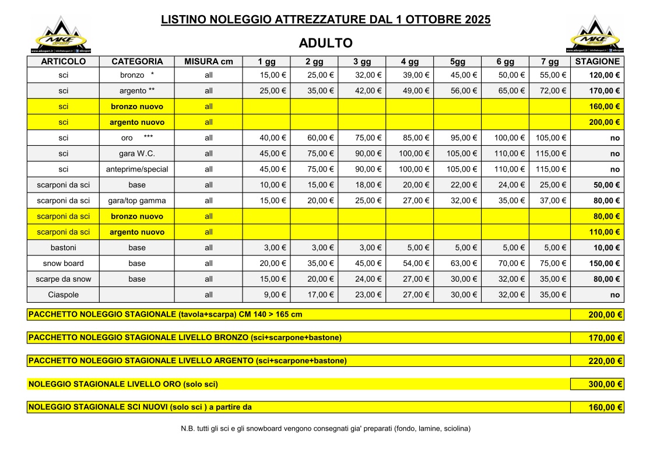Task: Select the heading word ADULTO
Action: (x=325, y=43)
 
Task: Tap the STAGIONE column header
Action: (x=597, y=61)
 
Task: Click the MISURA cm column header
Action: (x=208, y=61)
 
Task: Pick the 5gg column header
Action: (x=457, y=61)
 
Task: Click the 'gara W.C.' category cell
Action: (x=137, y=154)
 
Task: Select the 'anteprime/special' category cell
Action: (x=137, y=170)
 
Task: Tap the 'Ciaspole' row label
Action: (x=64, y=295)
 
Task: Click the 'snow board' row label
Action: (x=64, y=264)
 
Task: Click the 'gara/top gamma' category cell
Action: (x=137, y=201)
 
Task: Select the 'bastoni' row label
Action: (x=64, y=248)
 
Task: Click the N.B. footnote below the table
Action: (x=326, y=429)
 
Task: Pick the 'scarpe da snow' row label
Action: (x=64, y=279)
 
